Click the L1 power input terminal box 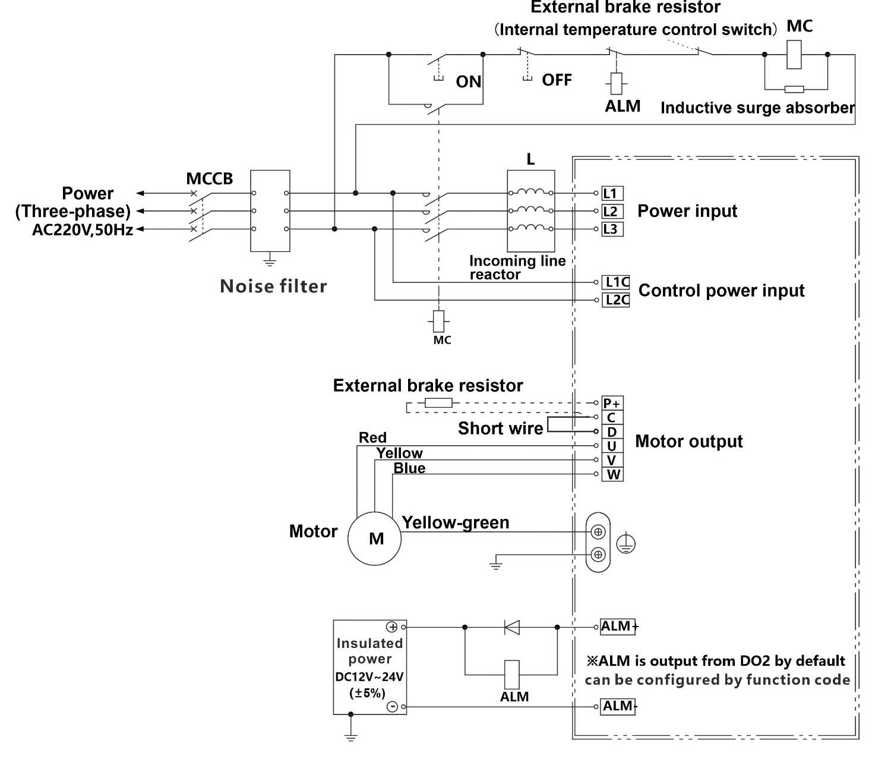click(611, 193)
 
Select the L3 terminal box click(611, 229)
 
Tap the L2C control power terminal click(616, 300)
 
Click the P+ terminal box click(612, 403)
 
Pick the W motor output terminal click(612, 474)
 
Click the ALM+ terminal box click(618, 627)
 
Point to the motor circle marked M click(374, 539)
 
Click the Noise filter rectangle click(270, 211)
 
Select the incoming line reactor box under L click(531, 211)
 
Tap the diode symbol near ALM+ click(511, 627)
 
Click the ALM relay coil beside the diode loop click(511, 675)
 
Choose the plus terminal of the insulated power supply click(392, 627)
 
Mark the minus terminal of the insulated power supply click(392, 706)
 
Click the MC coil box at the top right click(794, 55)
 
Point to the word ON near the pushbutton click(469, 82)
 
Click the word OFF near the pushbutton click(557, 80)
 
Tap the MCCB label click(210, 179)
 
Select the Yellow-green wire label click(456, 523)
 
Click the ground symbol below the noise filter click(270, 260)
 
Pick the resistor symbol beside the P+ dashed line click(438, 403)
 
